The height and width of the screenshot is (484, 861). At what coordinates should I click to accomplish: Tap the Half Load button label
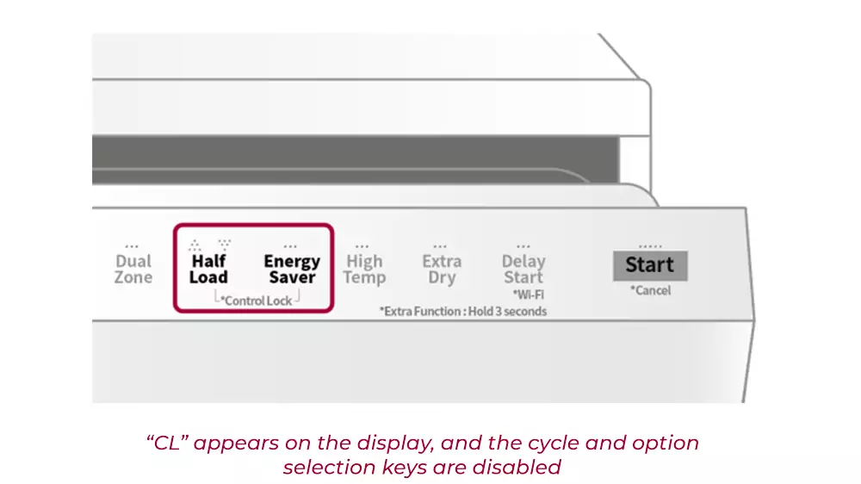[x=208, y=269]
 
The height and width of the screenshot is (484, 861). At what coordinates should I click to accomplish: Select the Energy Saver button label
[x=292, y=269]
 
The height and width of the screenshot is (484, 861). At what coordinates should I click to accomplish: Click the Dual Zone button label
[x=133, y=269]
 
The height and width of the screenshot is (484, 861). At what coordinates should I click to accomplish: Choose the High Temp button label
[x=364, y=269]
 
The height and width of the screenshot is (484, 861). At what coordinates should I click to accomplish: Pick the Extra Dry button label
[x=442, y=269]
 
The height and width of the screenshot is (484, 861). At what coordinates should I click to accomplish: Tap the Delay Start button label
[x=523, y=269]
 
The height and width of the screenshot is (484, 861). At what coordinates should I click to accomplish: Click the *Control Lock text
[x=256, y=301]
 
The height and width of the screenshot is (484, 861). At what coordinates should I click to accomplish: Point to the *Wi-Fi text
[x=528, y=294]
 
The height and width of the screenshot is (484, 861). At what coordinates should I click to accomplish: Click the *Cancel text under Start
[x=650, y=290]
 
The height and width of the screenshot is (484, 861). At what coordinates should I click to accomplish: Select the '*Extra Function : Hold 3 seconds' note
[x=463, y=311]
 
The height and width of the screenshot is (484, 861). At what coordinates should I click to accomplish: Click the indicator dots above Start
[x=650, y=246]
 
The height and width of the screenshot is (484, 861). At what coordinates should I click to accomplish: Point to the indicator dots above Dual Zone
[x=132, y=245]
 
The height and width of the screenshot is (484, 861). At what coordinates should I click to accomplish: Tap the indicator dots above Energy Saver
[x=290, y=245]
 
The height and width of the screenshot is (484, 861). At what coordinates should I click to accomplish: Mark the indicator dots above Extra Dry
[x=440, y=245]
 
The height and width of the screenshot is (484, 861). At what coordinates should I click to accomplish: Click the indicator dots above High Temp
[x=362, y=245]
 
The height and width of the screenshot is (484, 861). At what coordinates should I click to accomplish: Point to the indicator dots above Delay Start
[x=523, y=245]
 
